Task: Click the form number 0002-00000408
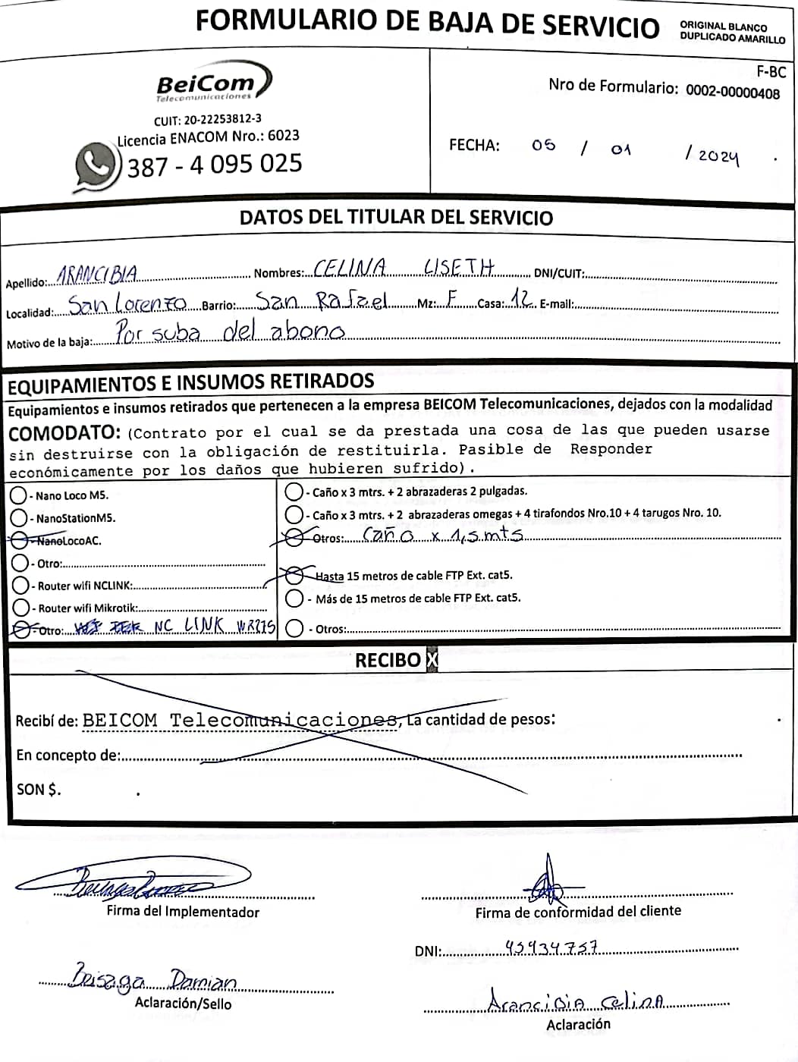click(x=732, y=92)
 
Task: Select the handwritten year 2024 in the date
click(x=717, y=155)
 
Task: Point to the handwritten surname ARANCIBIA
click(x=98, y=274)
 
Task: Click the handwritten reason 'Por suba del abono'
click(x=230, y=331)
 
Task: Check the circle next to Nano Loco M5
click(x=19, y=495)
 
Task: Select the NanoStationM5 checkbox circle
click(x=19, y=518)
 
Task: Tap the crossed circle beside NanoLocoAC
click(x=19, y=540)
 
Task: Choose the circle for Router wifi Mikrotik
click(x=20, y=608)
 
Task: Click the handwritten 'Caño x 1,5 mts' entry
click(x=442, y=535)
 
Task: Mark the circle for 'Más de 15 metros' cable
click(x=294, y=599)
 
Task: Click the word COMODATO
click(x=64, y=434)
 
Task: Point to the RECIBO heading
click(x=388, y=660)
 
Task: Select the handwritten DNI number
click(x=551, y=947)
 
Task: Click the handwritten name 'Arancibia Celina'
click(x=576, y=1002)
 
